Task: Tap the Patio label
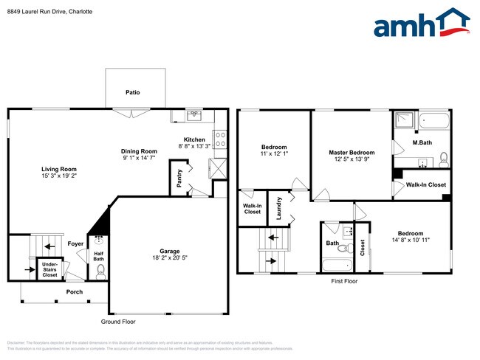coord(132,92)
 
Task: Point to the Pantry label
coord(179,179)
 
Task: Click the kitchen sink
coord(193,114)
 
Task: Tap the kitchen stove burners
coord(219,139)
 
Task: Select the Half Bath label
coord(98,255)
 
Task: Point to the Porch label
coord(74,291)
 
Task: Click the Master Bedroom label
coord(352,153)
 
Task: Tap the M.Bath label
coord(422,142)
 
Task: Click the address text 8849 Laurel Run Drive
coord(33,12)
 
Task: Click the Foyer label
coord(75,243)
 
